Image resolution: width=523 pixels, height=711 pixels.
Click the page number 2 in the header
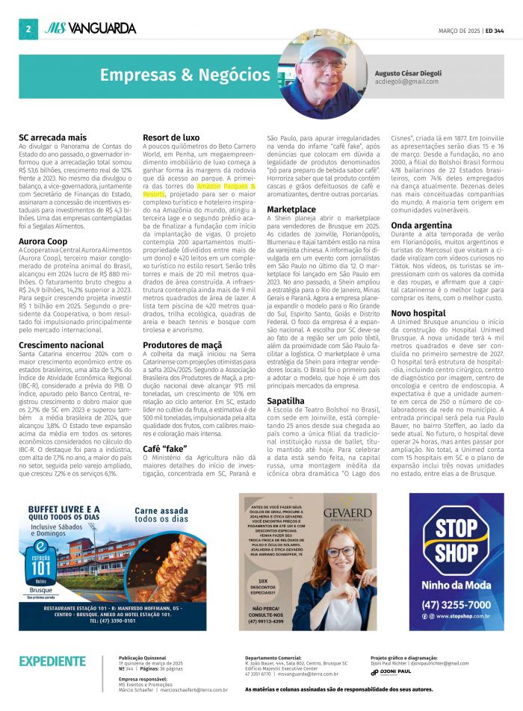pos(27,29)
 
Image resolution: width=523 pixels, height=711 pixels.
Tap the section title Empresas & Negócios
pos(185,75)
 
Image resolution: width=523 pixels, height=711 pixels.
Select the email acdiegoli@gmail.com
pos(406,81)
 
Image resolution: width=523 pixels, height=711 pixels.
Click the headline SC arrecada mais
pos(52,138)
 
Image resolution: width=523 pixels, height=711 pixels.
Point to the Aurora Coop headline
pos(43,241)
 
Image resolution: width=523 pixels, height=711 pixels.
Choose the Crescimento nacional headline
pos(61,344)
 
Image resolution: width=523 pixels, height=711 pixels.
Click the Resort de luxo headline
pos(171,138)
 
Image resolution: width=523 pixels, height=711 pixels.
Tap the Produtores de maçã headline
pos(182,344)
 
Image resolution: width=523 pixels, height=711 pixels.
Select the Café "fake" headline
pos(165,448)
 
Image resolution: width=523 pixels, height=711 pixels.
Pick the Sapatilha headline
pos(285,400)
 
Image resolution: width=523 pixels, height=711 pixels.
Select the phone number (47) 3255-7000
pos(456,604)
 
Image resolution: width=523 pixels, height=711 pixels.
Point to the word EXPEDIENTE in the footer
pos(52,661)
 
